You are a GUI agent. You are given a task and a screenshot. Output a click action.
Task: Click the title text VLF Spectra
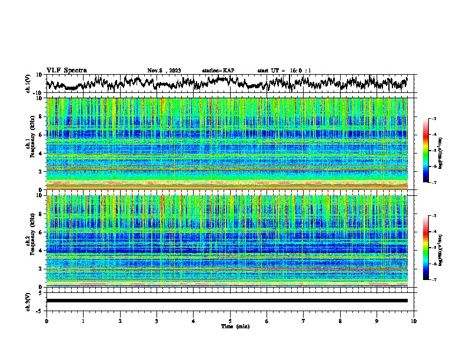[66, 71]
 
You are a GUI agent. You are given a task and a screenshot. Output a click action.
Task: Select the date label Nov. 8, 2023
[165, 71]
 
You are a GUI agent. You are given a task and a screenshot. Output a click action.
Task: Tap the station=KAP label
[218, 71]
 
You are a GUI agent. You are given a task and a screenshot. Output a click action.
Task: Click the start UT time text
[284, 71]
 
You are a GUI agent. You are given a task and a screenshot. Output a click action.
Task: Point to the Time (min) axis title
[235, 326]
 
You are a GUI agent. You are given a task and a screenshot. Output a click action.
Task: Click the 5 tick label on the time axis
[230, 321]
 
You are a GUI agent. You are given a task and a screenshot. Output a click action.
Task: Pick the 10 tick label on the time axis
[414, 321]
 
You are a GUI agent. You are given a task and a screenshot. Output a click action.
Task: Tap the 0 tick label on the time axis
[46, 321]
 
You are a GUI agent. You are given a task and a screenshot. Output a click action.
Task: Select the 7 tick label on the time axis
[304, 321]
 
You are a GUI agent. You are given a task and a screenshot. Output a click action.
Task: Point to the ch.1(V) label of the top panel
[28, 84]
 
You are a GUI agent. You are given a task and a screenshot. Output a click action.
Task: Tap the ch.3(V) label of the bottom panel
[28, 301]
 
